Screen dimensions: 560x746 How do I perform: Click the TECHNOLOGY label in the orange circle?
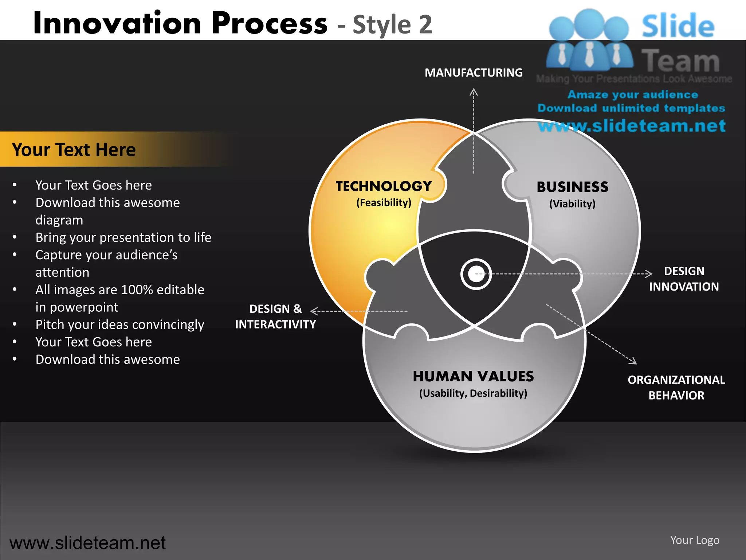(384, 186)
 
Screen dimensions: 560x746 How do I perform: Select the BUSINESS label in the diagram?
(572, 187)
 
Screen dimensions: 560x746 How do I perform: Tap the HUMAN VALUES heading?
(473, 376)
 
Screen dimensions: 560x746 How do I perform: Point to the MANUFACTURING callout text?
(474, 73)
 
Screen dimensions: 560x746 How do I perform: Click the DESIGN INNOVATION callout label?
(684, 279)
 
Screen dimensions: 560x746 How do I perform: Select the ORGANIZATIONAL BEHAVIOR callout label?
(676, 388)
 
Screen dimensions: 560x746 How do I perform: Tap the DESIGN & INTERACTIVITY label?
(275, 316)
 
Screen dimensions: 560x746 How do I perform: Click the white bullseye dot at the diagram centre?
(476, 274)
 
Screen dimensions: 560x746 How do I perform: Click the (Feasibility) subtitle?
(384, 203)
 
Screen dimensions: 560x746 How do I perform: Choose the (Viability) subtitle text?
(572, 204)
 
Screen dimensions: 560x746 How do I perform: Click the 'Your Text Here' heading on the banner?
(74, 149)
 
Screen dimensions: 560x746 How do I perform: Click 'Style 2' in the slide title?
(392, 25)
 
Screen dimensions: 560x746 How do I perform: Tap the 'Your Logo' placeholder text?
(695, 540)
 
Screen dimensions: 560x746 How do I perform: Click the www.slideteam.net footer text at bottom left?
(87, 543)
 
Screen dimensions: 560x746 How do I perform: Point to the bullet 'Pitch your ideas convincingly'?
(119, 324)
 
